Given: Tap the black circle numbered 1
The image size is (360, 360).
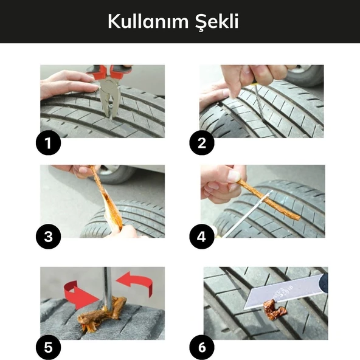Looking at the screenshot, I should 47,144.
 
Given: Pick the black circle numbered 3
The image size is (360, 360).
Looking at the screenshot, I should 47,237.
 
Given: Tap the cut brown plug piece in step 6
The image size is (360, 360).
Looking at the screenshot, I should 274,310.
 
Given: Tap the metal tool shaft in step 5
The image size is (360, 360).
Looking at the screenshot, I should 107,286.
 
